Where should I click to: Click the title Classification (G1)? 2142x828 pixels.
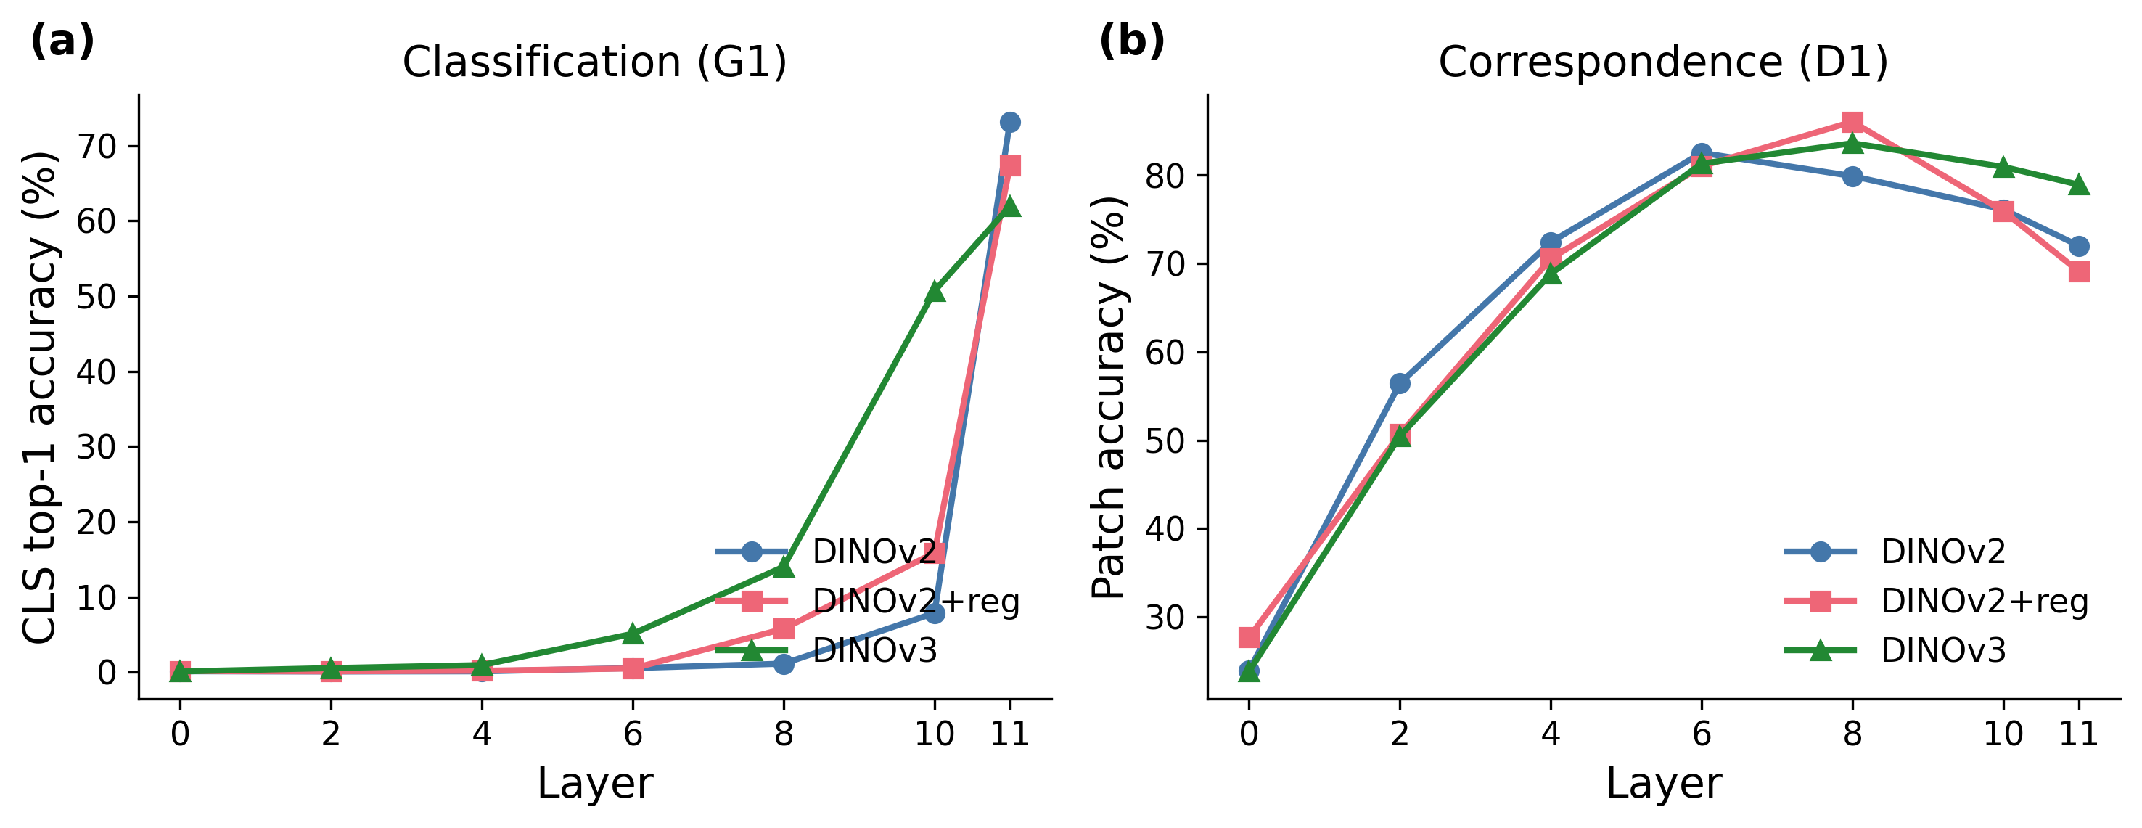[594, 62]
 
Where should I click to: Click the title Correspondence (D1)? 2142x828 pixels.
[1663, 62]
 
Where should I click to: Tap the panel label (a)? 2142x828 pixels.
[62, 40]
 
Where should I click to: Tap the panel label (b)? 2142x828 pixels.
[1132, 40]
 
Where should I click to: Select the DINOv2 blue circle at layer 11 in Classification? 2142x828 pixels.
[1009, 122]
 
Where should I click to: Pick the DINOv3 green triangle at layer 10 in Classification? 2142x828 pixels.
[935, 292]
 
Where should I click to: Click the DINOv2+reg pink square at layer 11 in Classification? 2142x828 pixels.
[1009, 166]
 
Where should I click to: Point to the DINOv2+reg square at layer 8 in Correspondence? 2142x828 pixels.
[1852, 122]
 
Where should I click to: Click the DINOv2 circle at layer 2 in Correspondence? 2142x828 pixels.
[1400, 383]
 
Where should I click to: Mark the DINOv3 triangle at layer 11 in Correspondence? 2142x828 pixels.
[2079, 184]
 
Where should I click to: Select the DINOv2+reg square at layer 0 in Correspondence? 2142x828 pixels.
[1248, 638]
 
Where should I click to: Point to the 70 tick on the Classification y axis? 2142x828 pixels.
[97, 147]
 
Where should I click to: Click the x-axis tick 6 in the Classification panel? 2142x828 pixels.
[633, 734]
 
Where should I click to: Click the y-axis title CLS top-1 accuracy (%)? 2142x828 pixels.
[40, 398]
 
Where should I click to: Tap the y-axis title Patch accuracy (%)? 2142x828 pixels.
[1109, 398]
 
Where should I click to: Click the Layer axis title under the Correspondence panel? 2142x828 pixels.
[1663, 783]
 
